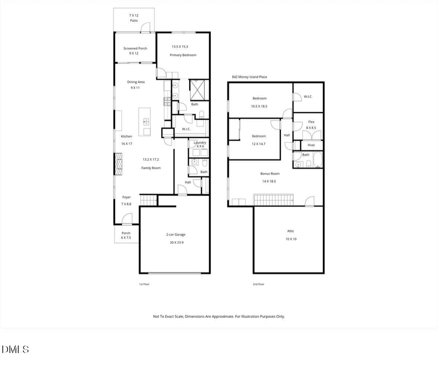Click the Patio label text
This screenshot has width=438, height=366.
coord(134,21)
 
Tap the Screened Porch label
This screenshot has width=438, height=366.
coord(135,48)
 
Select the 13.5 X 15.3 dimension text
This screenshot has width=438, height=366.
coord(179,47)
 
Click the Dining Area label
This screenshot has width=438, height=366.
coord(136,82)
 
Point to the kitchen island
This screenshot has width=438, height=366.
coord(145,122)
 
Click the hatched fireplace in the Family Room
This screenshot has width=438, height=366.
coord(119,164)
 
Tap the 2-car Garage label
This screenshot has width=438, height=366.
coord(176,235)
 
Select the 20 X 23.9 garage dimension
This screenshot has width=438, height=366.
coord(176,243)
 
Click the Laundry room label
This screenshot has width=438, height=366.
coord(200,142)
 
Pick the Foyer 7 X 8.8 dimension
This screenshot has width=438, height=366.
coord(126,204)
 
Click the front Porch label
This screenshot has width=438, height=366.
coord(126,233)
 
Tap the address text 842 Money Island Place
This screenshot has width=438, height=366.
coord(249,77)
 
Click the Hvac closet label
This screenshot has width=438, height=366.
coord(311,145)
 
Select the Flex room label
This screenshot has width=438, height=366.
coord(311,122)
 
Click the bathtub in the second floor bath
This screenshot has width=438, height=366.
coord(318,160)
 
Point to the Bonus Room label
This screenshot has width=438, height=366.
coord(270,174)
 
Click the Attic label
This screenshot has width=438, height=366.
coord(291,231)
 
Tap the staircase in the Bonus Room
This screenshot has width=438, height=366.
coord(273,200)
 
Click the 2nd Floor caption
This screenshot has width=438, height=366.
coord(259,284)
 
